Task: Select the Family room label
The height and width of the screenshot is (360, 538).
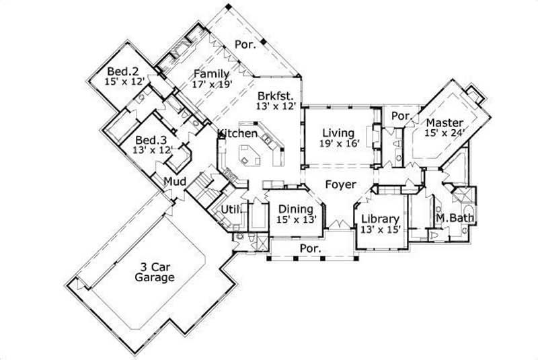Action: (211, 74)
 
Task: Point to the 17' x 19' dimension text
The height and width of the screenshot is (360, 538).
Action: (211, 85)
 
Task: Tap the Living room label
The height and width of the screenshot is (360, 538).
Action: (338, 133)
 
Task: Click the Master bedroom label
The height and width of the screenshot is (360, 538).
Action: (445, 122)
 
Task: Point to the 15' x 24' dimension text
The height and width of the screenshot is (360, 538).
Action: (445, 133)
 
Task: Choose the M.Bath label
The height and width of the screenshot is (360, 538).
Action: (455, 218)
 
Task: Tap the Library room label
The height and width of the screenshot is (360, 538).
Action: (381, 219)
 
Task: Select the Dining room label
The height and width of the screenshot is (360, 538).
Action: (296, 209)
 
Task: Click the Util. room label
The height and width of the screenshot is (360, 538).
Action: (231, 211)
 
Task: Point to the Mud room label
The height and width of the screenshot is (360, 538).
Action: (175, 182)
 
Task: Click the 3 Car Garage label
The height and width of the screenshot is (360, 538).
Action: (154, 271)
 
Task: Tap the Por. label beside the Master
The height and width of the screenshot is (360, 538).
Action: (401, 116)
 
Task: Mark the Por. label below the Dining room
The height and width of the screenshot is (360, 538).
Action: (310, 248)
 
